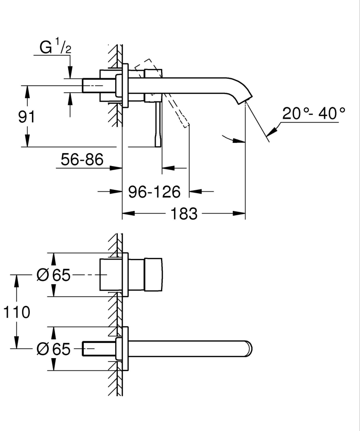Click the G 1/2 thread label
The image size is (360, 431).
click(x=55, y=48)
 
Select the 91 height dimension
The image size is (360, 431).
click(x=26, y=117)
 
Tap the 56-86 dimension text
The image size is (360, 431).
click(x=82, y=160)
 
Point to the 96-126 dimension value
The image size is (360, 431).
click(x=154, y=192)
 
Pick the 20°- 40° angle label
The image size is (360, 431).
click(x=314, y=113)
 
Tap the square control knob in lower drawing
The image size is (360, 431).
click(x=154, y=275)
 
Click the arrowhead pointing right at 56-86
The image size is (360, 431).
click(x=116, y=167)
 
